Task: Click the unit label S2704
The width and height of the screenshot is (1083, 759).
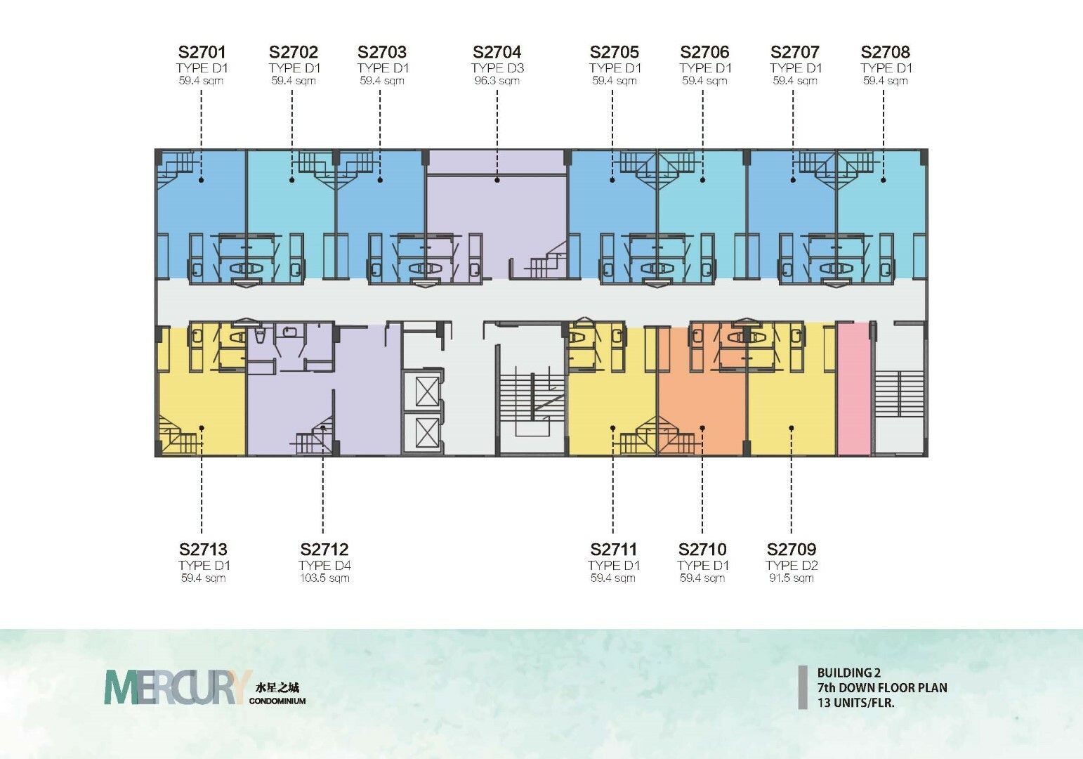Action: pyautogui.click(x=497, y=52)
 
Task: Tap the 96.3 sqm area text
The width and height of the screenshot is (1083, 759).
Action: pyautogui.click(x=497, y=81)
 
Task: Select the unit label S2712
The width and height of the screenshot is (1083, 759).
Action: pyautogui.click(x=324, y=549)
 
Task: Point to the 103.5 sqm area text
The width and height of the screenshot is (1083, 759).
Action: pyautogui.click(x=324, y=578)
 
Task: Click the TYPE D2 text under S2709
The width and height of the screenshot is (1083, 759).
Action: pyautogui.click(x=792, y=565)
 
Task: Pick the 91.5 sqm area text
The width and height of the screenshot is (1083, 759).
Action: pyautogui.click(x=792, y=578)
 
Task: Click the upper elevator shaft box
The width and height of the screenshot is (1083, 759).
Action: pyautogui.click(x=428, y=392)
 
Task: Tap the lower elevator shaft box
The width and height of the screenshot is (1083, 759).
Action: pyautogui.click(x=428, y=432)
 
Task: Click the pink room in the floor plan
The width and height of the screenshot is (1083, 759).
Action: pyautogui.click(x=854, y=389)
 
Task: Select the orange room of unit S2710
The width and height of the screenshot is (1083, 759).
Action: pyautogui.click(x=702, y=392)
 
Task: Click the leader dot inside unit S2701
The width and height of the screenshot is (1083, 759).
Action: pyautogui.click(x=201, y=180)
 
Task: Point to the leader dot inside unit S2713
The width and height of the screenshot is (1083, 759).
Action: pyautogui.click(x=202, y=428)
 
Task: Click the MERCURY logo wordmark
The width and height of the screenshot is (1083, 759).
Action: pyautogui.click(x=178, y=687)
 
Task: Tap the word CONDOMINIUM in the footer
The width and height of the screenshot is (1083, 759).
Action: pyautogui.click(x=277, y=701)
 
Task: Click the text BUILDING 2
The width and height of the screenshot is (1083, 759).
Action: pyautogui.click(x=849, y=673)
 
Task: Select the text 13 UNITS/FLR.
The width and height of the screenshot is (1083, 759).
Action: pyautogui.click(x=855, y=703)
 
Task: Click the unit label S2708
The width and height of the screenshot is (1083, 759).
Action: pyautogui.click(x=885, y=52)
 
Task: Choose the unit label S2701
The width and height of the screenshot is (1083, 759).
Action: pyautogui.click(x=202, y=52)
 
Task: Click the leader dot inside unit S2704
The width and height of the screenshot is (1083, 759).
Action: pyautogui.click(x=497, y=180)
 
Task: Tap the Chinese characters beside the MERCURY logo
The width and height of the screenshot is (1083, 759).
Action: pyautogui.click(x=277, y=688)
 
